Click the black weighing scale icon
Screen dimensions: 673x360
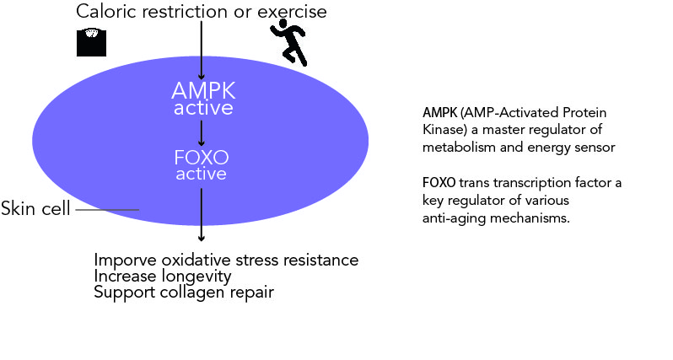(x=91, y=42)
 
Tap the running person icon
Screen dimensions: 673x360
(x=288, y=45)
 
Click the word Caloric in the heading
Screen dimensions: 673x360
(x=107, y=12)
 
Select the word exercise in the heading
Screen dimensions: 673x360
(x=292, y=12)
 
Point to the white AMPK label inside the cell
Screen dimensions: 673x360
(x=203, y=90)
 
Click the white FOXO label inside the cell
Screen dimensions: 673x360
(x=202, y=158)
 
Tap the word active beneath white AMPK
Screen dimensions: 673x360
(x=203, y=108)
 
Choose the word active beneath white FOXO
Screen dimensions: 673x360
(x=201, y=174)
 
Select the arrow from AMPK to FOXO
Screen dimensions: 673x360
(x=201, y=133)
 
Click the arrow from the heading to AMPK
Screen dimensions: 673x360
(x=201, y=51)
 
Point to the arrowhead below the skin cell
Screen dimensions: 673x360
(x=201, y=238)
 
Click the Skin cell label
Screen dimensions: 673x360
(x=35, y=208)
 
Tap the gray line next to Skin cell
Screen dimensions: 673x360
(x=107, y=210)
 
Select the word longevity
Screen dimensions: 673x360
(x=197, y=277)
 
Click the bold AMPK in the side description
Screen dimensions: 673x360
(x=440, y=113)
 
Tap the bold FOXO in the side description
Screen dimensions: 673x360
(x=439, y=183)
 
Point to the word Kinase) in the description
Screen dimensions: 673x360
(x=444, y=130)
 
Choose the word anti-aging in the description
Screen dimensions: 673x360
(x=454, y=218)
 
